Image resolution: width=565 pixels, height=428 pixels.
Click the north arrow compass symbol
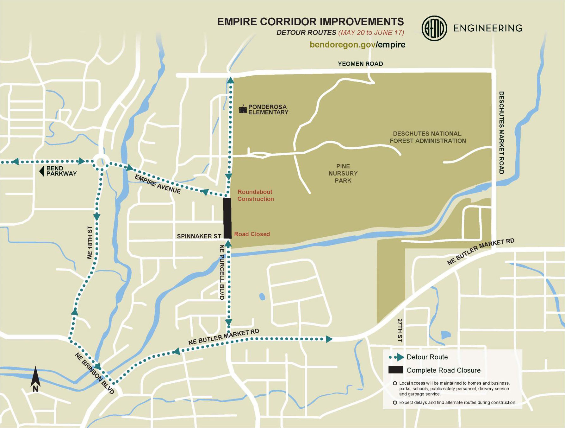pos(35,379)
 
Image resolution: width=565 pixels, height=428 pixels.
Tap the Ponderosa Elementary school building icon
pos(243,109)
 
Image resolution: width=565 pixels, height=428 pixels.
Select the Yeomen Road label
pos(360,64)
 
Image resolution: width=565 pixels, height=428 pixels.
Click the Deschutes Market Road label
pos(501,132)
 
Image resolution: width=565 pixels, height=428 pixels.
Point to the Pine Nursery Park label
pos(343,173)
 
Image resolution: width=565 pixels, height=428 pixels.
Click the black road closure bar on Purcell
pos(227,218)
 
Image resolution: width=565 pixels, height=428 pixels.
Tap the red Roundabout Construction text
pos(256,195)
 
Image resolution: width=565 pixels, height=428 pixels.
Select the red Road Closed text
pos(252,234)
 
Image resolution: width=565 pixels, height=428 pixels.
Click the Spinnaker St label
pos(199,236)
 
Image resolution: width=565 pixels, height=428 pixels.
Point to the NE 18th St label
pos(90,242)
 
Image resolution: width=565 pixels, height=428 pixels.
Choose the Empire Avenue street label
pos(158,184)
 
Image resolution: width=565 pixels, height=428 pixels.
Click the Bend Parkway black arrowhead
pos(41,171)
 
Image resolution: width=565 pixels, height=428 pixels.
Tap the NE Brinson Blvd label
pos(94,373)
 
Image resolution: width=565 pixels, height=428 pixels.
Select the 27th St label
pos(400,330)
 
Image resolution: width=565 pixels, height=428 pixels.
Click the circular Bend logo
pos(434,29)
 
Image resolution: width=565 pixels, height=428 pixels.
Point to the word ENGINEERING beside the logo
pos(488,29)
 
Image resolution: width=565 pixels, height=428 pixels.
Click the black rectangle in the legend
pos(395,370)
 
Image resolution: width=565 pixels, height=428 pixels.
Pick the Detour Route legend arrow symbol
pos(397,357)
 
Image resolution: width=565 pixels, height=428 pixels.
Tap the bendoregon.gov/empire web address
pos(357,45)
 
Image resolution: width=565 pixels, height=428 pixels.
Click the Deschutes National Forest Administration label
pos(427,137)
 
